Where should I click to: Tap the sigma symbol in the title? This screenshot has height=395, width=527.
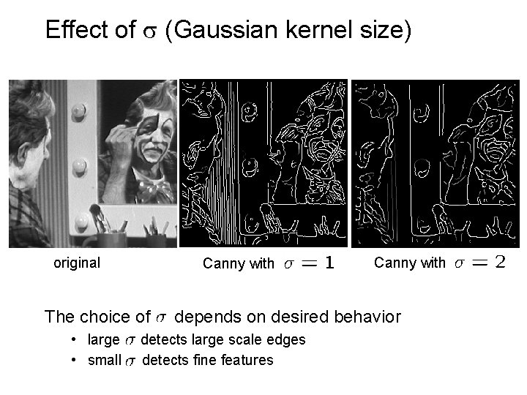pos(146,31)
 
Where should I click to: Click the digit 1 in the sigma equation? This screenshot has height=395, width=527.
pos(330,263)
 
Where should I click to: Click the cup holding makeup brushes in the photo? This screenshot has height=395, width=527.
pos(109,238)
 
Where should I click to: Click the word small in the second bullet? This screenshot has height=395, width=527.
pos(103,360)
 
